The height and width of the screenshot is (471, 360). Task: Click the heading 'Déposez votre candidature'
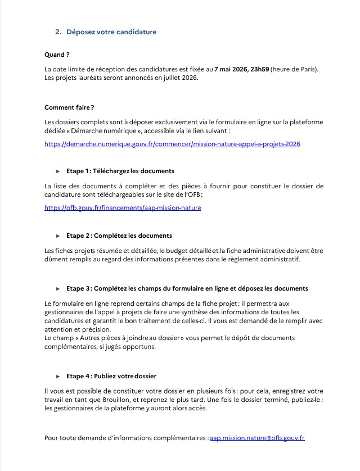[111, 32]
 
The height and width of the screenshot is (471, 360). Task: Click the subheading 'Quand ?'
[57, 55]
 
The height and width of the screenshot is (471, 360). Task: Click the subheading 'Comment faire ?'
[69, 107]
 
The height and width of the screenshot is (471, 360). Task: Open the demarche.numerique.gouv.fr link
[172, 144]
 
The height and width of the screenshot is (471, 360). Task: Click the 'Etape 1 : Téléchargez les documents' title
[120, 171]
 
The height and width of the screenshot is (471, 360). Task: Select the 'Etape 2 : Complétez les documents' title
[119, 235]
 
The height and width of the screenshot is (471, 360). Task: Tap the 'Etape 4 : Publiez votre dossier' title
[111, 375]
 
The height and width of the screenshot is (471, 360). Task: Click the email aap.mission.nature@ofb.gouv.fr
[257, 437]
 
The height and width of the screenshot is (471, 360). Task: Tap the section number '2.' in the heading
[58, 32]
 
